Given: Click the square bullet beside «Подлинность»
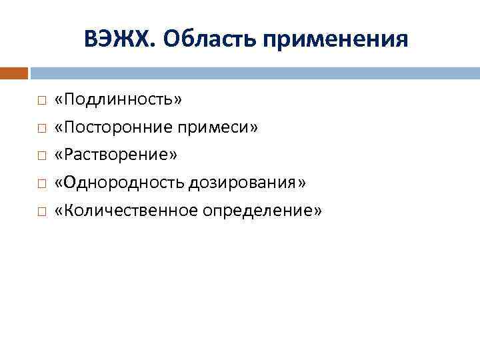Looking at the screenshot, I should click(x=41, y=101).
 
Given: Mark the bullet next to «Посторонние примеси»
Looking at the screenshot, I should click(x=41, y=128).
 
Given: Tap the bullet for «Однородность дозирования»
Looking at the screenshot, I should click(x=41, y=183).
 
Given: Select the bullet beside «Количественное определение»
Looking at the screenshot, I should click(x=41, y=211).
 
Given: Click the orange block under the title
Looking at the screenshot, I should click(x=14, y=73).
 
